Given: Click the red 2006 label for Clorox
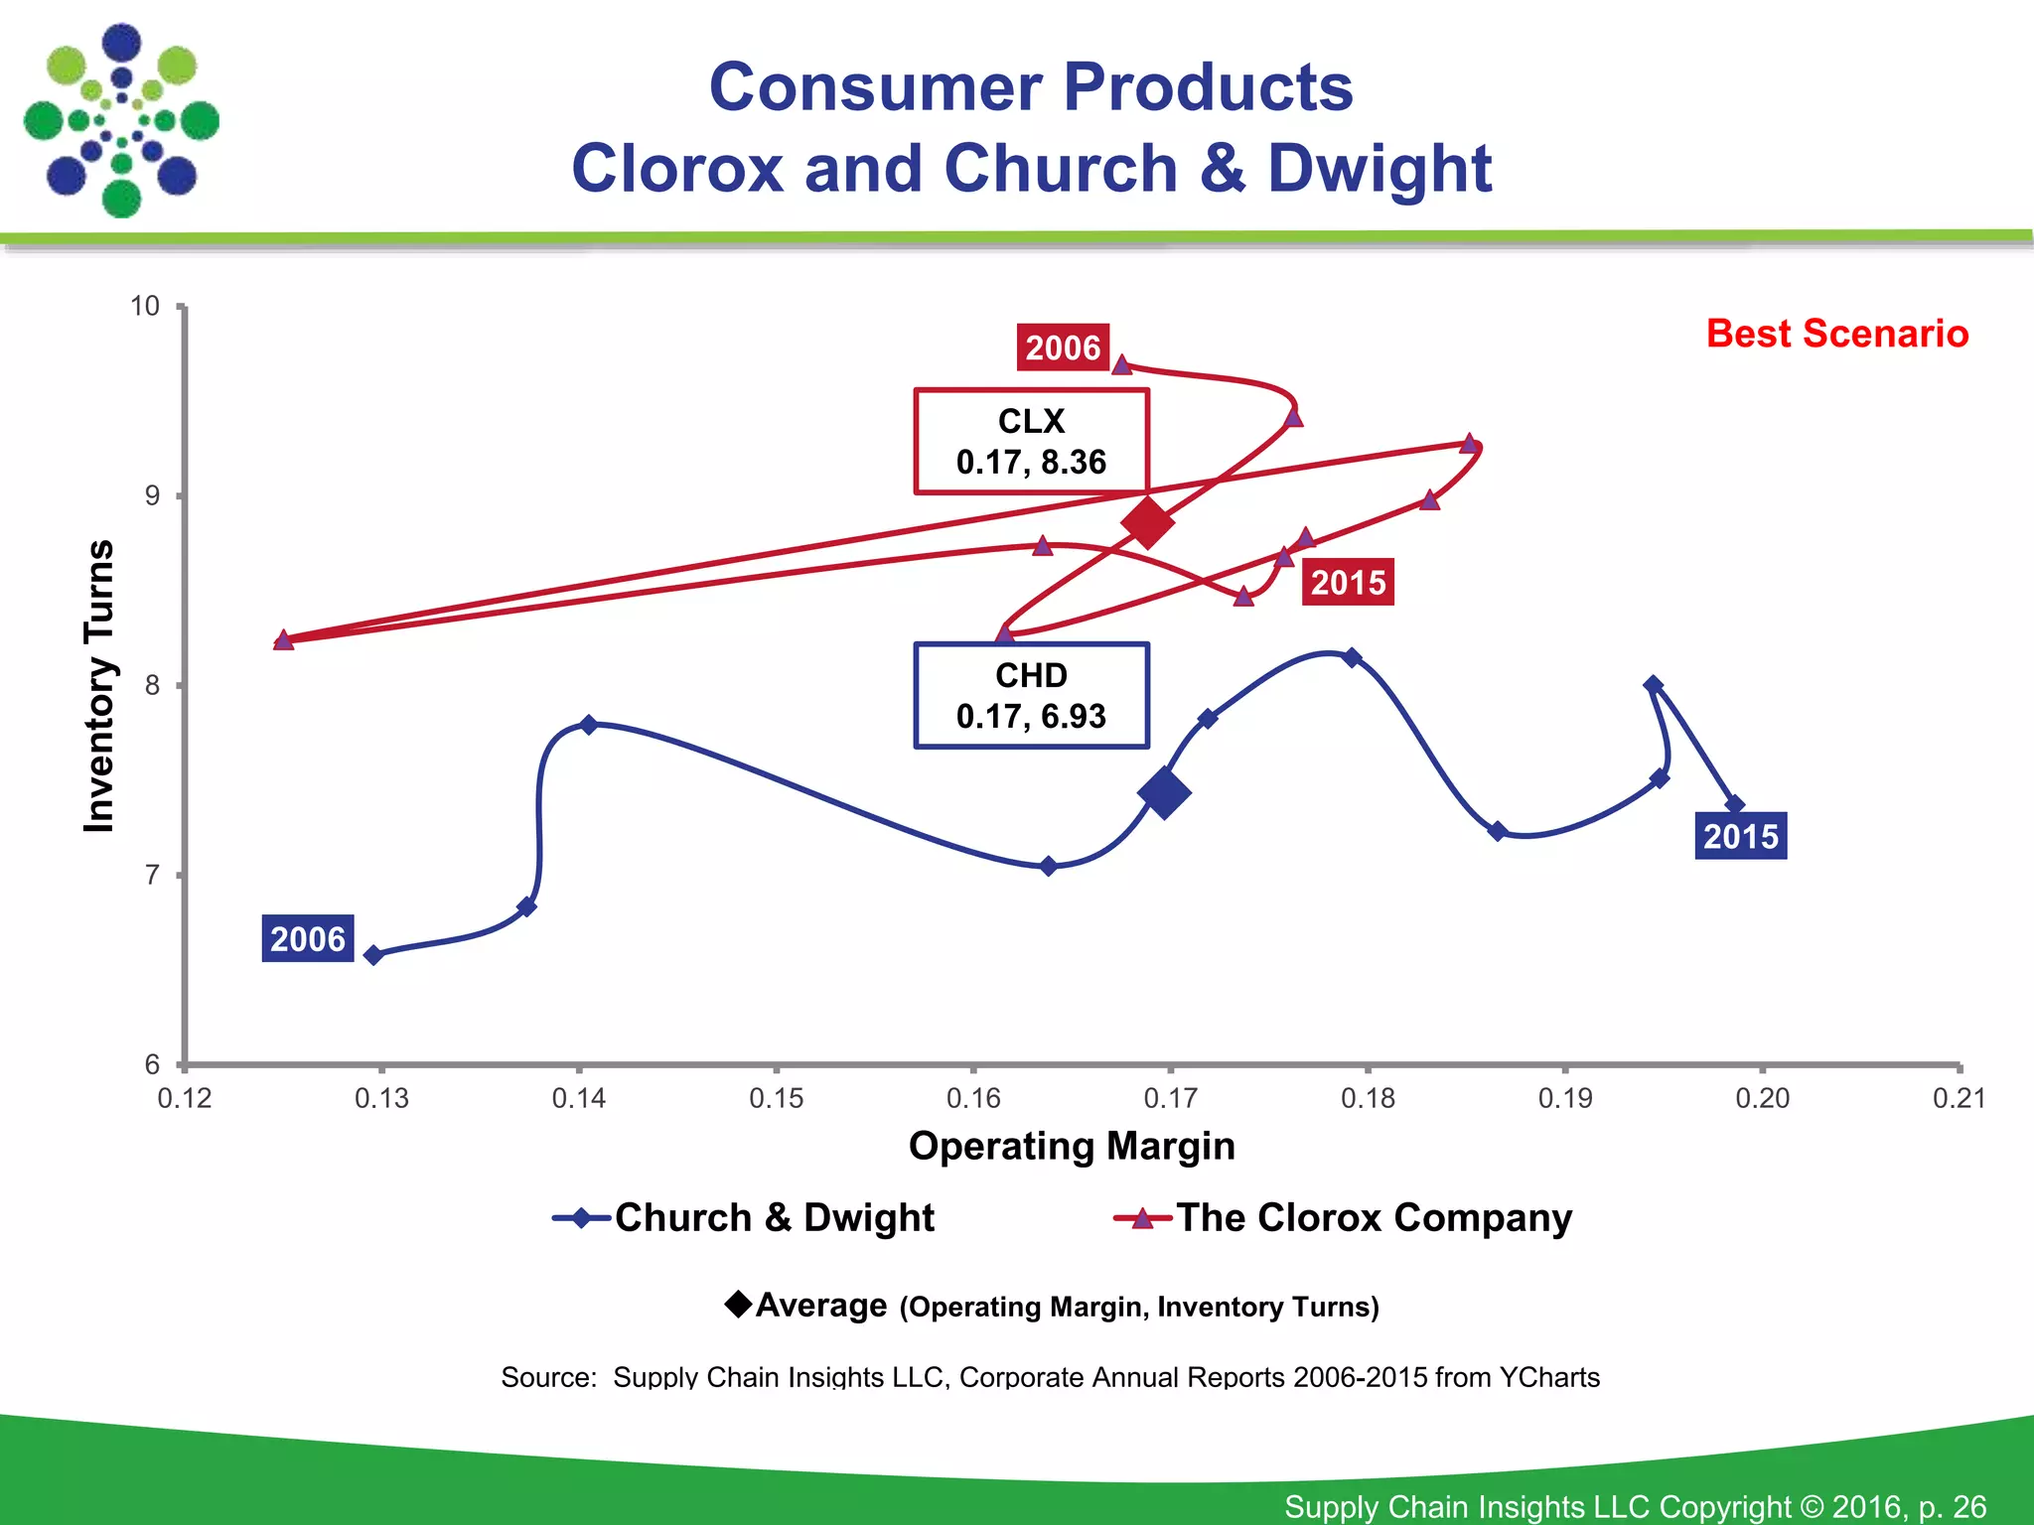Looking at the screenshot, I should pyautogui.click(x=1062, y=347).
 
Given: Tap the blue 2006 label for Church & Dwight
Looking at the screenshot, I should pyautogui.click(x=308, y=938).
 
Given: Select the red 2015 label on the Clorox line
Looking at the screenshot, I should pyautogui.click(x=1348, y=582).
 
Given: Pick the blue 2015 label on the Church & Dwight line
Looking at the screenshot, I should pyautogui.click(x=1740, y=836).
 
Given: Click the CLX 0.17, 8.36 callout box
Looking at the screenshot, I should pyautogui.click(x=1031, y=442).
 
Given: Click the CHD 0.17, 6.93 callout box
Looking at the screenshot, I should pyautogui.click(x=1031, y=696).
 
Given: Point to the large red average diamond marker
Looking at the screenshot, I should pyautogui.click(x=1147, y=522).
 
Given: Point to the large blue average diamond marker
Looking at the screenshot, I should pyautogui.click(x=1164, y=792).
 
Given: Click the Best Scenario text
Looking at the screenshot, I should pyautogui.click(x=1836, y=334).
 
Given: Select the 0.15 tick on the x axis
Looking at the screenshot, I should pyautogui.click(x=776, y=1098).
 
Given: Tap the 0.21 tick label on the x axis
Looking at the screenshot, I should pyautogui.click(x=1959, y=1098).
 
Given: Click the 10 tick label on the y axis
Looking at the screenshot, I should pyautogui.click(x=145, y=306).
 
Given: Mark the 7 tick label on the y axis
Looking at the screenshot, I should pyautogui.click(x=152, y=875).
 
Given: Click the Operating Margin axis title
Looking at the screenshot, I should pyautogui.click(x=1072, y=1146).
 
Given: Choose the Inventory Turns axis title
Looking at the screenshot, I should pyautogui.click(x=99, y=686).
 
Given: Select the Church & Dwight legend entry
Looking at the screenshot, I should pyautogui.click(x=745, y=1217).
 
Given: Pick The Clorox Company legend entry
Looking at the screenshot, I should pyautogui.click(x=1344, y=1217).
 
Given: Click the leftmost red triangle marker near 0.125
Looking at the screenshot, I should pyautogui.click(x=283, y=640).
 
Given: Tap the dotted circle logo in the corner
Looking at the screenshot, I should pyautogui.click(x=121, y=120).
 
